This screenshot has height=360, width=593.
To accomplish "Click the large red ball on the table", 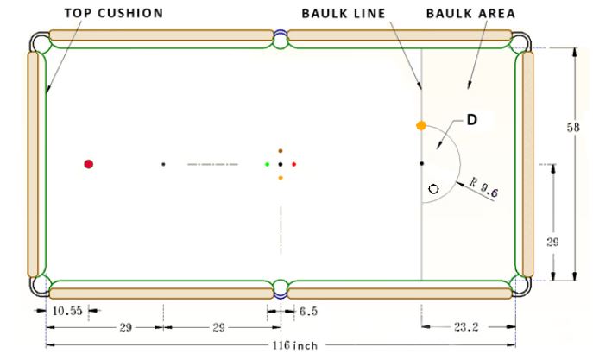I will click(x=88, y=163).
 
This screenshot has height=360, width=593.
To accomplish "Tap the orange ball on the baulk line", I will click(x=421, y=126).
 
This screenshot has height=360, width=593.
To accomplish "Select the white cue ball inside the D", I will click(x=433, y=187).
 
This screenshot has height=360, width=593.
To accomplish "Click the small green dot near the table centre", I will click(x=268, y=163).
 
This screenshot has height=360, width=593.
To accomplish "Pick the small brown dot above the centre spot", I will click(x=281, y=150).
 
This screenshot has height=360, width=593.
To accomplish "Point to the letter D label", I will click(x=472, y=120).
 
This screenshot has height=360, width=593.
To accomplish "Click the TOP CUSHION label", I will click(x=113, y=14).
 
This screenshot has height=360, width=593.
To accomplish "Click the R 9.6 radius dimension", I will click(x=484, y=186).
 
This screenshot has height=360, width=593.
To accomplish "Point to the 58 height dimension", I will click(x=573, y=127).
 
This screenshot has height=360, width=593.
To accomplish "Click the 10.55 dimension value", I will click(x=65, y=310).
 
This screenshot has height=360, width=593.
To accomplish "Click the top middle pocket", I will click(x=280, y=39).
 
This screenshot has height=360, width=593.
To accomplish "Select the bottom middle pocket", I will click(x=280, y=287).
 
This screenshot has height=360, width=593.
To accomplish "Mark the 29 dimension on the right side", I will click(x=553, y=242).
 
